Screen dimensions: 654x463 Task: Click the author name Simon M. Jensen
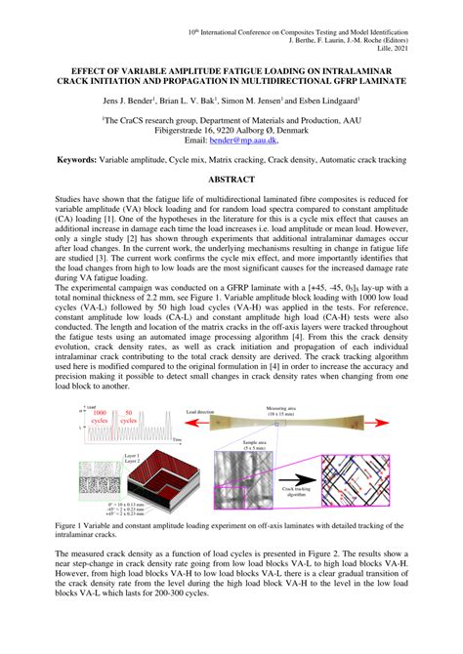pyautogui.click(x=252, y=101)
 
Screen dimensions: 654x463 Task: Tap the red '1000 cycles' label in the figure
pyautogui.click(x=100, y=417)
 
